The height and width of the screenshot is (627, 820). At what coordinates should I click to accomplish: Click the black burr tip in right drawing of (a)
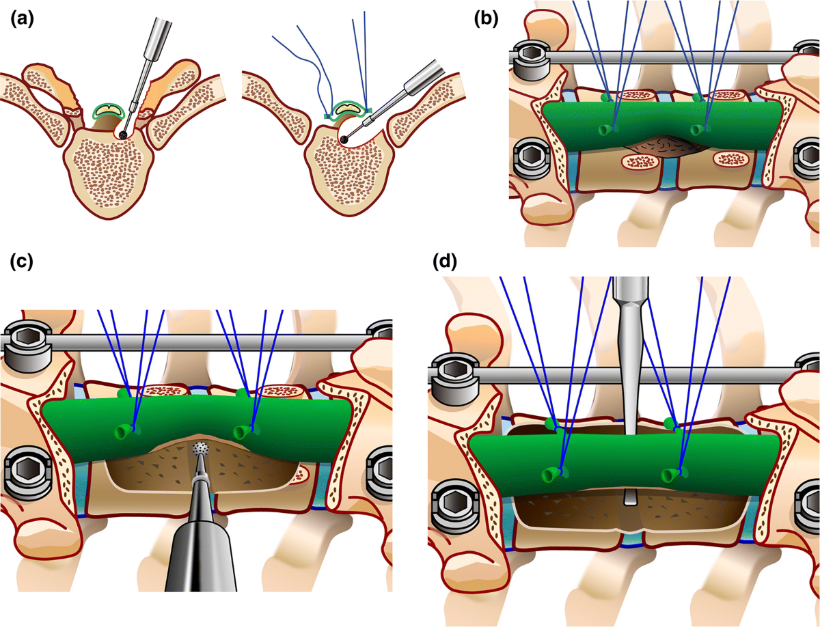pos(344,139)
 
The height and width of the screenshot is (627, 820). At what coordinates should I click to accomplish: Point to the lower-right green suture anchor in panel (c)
pos(243,432)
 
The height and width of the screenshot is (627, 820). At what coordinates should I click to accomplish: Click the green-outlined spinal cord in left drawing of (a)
pos(109,109)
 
